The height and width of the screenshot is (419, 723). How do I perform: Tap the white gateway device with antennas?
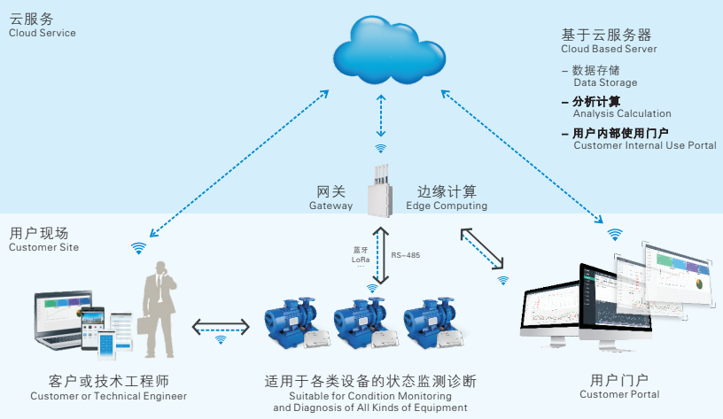click(380, 189)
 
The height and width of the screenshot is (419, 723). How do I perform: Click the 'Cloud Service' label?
click(43, 33)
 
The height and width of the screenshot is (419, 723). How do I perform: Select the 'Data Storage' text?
click(605, 82)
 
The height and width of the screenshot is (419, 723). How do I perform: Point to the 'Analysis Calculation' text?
click(622, 113)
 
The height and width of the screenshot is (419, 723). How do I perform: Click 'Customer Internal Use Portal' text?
click(645, 145)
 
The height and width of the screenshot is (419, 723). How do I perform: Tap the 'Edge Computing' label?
click(447, 206)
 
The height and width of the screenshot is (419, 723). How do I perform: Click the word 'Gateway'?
click(330, 206)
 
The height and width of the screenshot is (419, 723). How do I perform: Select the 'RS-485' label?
click(406, 254)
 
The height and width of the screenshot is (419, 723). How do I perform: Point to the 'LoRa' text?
click(361, 258)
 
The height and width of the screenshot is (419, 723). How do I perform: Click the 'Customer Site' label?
click(43, 247)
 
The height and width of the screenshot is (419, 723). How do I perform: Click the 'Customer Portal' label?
click(619, 394)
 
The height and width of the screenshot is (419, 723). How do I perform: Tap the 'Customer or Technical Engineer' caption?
click(109, 396)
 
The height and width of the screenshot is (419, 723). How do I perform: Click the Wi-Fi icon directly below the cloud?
click(380, 149)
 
